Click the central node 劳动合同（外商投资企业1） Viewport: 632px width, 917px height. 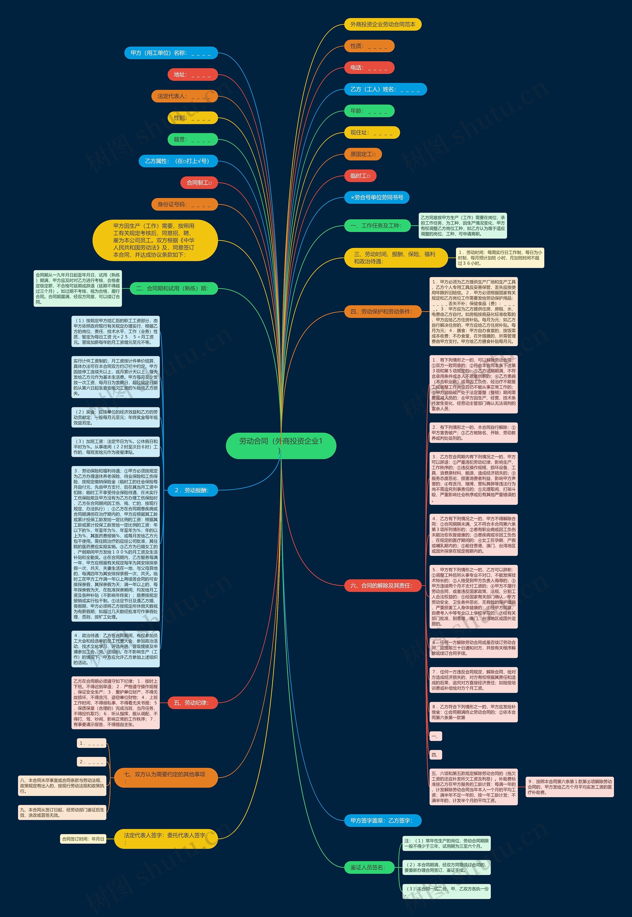click(x=281, y=446)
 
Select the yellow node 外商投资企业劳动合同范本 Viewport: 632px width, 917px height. click(x=382, y=24)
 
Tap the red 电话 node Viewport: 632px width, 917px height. click(x=369, y=68)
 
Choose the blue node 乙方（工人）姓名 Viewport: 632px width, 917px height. click(x=385, y=89)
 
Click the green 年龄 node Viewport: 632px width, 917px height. click(x=369, y=111)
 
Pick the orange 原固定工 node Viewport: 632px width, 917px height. click(x=363, y=154)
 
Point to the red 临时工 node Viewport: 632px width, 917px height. click(x=360, y=176)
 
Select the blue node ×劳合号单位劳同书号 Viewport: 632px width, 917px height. click(x=376, y=197)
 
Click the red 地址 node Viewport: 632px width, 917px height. click(x=193, y=75)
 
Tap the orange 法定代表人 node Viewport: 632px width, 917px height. click(x=184, y=96)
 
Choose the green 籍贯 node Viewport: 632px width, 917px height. click(x=193, y=140)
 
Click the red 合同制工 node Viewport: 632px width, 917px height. click(x=199, y=183)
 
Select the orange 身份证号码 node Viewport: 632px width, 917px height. click(x=184, y=204)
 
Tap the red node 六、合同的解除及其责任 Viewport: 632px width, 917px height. click(x=382, y=586)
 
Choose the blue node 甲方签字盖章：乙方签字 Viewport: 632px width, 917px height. click(x=382, y=820)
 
